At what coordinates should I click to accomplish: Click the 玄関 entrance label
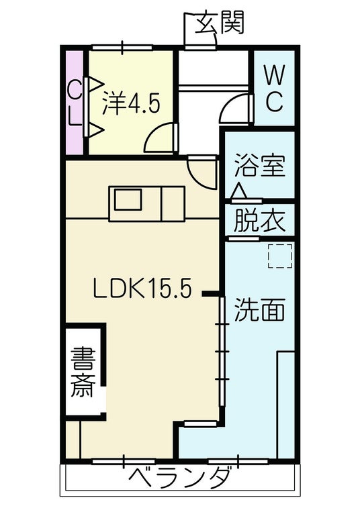[x=219, y=23]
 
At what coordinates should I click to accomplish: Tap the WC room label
[x=275, y=88]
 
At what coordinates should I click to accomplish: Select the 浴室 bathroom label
[x=259, y=166]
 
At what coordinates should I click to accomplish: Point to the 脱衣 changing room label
[x=259, y=221]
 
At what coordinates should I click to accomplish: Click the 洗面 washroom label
[x=259, y=309]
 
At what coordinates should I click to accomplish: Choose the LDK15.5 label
[x=142, y=288]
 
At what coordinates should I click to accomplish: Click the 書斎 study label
[x=83, y=372]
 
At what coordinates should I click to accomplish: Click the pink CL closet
[x=75, y=103]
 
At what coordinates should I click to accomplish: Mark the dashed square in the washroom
[x=280, y=256]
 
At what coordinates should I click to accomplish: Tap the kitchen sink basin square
[x=128, y=200]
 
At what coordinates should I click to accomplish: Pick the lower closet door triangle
[x=95, y=130]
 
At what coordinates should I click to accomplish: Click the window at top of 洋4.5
[x=122, y=48]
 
